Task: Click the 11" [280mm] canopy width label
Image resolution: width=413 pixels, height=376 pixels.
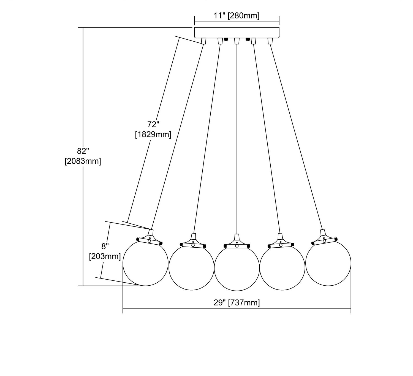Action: point(237,16)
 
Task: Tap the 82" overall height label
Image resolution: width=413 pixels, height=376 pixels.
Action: point(83,151)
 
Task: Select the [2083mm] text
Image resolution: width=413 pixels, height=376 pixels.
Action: point(83,161)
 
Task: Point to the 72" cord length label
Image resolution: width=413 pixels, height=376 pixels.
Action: point(153,125)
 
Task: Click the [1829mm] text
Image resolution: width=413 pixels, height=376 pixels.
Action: point(153,135)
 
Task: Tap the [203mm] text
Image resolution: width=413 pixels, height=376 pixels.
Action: point(105,257)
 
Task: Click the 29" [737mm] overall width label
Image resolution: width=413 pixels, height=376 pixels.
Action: point(237,303)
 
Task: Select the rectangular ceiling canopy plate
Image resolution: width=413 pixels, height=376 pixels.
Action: point(237,33)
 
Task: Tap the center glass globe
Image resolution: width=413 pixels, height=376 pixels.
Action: point(237,269)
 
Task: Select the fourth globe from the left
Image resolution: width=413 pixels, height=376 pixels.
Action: point(282,267)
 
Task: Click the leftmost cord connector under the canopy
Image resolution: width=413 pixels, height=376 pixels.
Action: point(204,41)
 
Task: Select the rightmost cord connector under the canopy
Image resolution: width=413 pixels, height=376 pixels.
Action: point(270,41)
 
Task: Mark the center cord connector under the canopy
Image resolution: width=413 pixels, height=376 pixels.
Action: point(237,41)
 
